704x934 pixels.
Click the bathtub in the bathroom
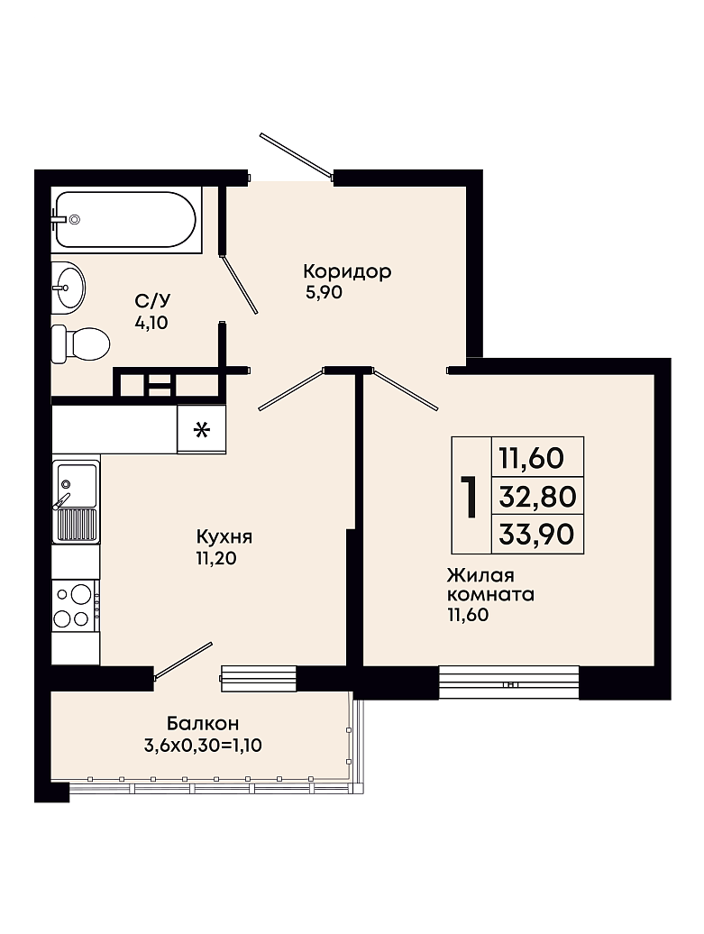coord(125,218)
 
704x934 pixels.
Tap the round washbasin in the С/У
coord(69,288)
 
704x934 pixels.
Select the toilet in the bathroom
coord(80,343)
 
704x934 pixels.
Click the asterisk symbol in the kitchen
coord(202,429)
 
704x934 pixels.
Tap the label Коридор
coord(347,271)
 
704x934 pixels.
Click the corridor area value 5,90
coord(323,292)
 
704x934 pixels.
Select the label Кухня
coord(224,536)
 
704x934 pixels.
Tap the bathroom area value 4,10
coord(151,323)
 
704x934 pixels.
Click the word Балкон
coord(203,723)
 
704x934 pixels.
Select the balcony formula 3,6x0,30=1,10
coord(203,746)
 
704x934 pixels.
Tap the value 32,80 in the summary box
coord(537,496)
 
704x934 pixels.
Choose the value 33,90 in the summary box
coord(536,534)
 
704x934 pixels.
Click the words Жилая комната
coord(490,585)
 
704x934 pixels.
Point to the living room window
coord(508,682)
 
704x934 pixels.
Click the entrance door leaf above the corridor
coord(296,156)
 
